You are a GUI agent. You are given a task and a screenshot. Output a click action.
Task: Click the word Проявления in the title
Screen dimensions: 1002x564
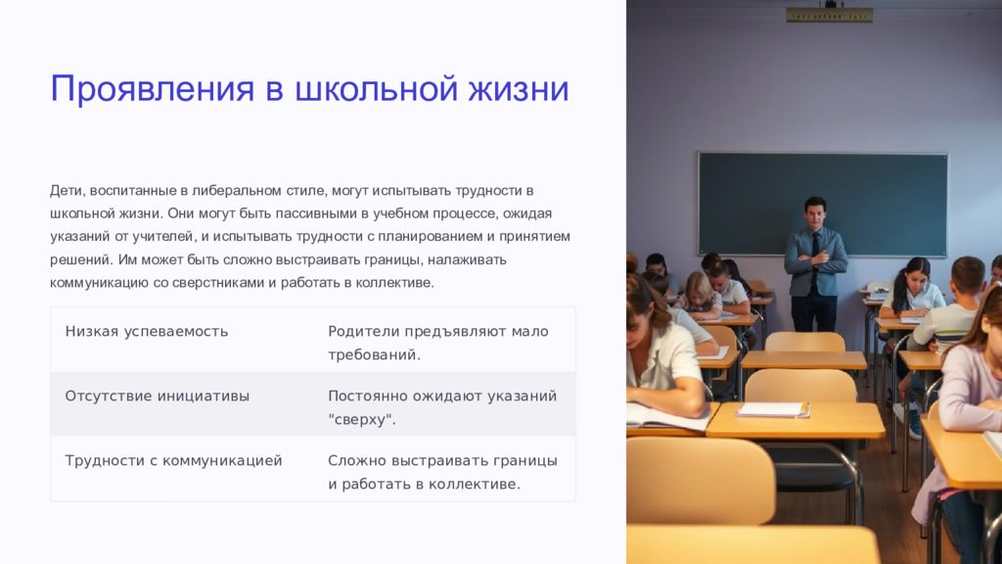click(x=152, y=88)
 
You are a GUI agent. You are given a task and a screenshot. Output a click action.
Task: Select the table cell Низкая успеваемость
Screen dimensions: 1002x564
click(x=147, y=331)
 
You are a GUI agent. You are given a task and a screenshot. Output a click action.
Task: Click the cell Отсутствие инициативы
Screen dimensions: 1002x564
click(x=158, y=396)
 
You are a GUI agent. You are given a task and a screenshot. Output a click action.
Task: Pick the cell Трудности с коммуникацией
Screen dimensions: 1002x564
click(x=173, y=460)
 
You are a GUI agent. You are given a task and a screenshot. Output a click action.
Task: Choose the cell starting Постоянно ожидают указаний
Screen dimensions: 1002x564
click(x=442, y=407)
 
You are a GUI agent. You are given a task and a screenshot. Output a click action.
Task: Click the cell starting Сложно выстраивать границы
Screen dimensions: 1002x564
click(x=443, y=472)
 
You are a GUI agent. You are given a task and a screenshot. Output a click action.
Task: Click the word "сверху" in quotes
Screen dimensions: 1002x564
click(x=362, y=420)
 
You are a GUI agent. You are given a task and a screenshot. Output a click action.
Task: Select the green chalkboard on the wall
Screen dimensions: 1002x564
click(x=823, y=204)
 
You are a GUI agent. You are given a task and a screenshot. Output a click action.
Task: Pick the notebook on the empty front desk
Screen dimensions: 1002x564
click(x=773, y=410)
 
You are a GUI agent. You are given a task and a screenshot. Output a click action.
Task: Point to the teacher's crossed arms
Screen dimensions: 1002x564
click(x=816, y=259)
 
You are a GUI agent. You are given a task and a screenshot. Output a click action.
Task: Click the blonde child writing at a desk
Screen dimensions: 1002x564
click(x=701, y=295)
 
